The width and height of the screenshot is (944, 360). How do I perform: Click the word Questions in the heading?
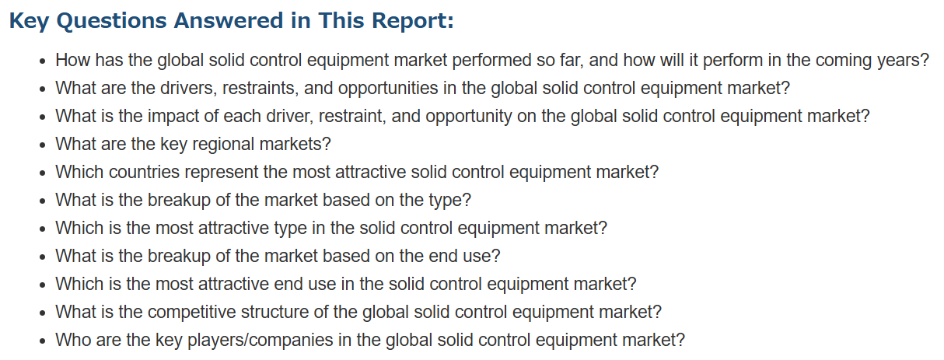(x=112, y=21)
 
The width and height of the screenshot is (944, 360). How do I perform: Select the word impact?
(x=173, y=117)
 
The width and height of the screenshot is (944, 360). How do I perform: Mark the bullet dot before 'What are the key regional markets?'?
(x=42, y=145)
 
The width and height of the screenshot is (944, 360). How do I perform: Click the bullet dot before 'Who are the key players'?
(x=42, y=341)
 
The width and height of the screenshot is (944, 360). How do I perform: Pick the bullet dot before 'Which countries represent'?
(x=42, y=173)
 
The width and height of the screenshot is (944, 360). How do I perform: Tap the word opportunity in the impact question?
(x=469, y=117)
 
